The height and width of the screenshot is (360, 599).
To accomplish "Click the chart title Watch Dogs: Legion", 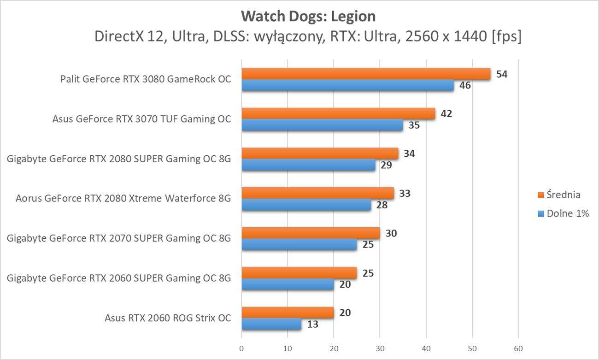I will [308, 17].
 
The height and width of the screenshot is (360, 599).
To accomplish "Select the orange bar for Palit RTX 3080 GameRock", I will [366, 74].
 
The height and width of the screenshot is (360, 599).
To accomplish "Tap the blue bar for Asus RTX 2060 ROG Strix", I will [271, 324].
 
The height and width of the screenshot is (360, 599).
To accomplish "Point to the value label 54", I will [502, 74].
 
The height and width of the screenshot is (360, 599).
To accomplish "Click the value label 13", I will [312, 324].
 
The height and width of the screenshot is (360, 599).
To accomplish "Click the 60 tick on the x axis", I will [518, 348].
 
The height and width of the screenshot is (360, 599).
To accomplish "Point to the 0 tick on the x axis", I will [241, 348].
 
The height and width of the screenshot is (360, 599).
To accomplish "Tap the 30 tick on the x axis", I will [380, 348].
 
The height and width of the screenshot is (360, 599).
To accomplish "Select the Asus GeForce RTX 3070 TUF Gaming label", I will [141, 119].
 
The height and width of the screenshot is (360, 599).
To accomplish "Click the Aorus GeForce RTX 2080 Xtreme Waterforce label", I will [123, 199].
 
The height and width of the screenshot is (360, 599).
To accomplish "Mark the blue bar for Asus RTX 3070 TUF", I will [322, 125].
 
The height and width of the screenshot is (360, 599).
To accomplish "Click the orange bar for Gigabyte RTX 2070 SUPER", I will [311, 233].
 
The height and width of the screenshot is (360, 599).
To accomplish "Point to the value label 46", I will [465, 85].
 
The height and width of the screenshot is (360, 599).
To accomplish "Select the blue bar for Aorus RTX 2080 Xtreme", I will [306, 205].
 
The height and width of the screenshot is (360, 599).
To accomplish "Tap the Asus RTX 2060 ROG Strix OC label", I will [168, 318].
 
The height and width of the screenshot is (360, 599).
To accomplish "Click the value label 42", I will [446, 113].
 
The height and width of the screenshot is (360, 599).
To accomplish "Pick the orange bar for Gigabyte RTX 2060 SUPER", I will [299, 273].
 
